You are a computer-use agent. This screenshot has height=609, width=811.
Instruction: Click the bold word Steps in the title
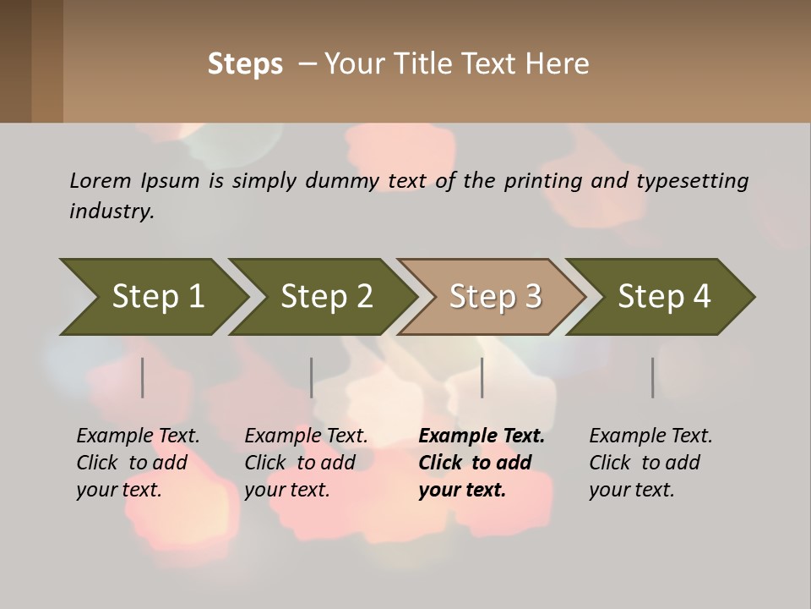(x=245, y=64)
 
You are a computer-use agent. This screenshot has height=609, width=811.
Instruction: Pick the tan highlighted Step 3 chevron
(x=494, y=297)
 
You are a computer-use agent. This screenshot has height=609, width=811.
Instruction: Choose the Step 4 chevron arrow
(x=663, y=297)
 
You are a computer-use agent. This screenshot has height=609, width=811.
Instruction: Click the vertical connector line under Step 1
(x=143, y=377)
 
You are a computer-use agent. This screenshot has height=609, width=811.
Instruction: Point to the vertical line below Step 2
(x=312, y=377)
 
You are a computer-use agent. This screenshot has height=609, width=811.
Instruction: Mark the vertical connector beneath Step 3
(x=482, y=377)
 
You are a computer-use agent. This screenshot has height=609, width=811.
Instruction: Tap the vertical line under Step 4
(x=653, y=377)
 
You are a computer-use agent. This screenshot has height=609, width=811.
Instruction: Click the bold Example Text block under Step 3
(x=481, y=463)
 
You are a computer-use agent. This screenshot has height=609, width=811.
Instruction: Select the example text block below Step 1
(x=138, y=463)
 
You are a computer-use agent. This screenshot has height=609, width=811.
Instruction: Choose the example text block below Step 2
(x=306, y=463)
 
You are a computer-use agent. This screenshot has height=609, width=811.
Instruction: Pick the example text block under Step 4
(x=650, y=463)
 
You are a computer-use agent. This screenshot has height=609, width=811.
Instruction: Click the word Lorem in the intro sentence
(x=101, y=180)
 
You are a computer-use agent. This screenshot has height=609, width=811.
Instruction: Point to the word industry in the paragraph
(x=111, y=211)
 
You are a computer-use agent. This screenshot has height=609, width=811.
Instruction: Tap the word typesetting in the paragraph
(x=692, y=181)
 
